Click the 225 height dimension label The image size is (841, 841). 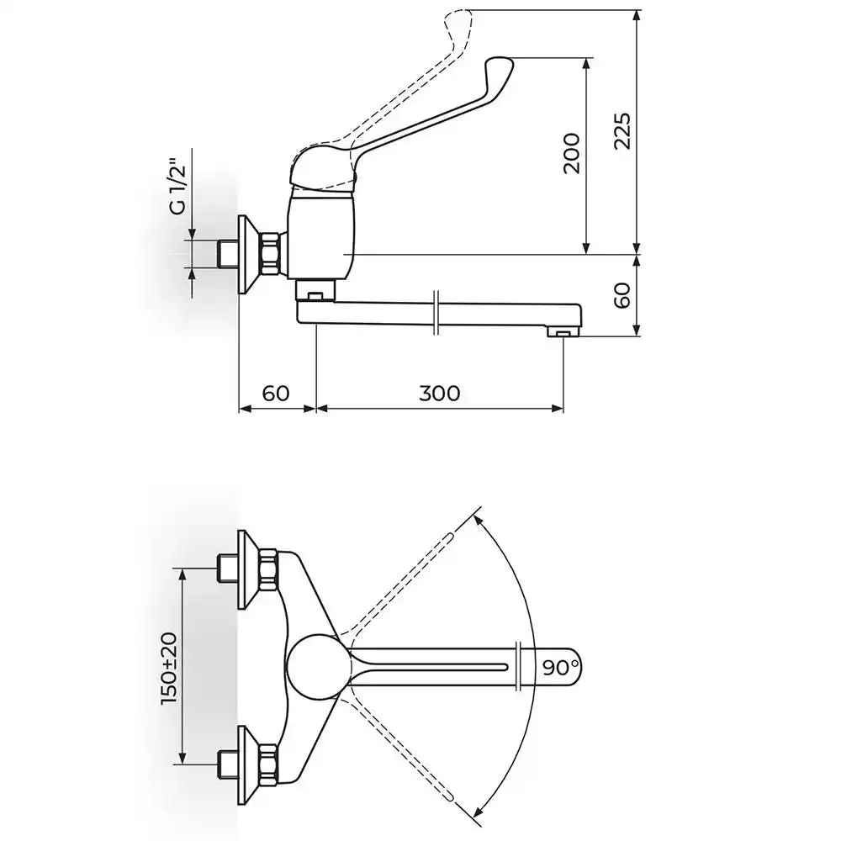point(622,131)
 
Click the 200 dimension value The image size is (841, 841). point(572,153)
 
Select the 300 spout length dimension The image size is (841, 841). point(439,393)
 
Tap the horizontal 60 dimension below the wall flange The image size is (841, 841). point(276,393)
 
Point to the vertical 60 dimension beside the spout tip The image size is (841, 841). point(622,295)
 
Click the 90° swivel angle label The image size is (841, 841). point(560,668)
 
